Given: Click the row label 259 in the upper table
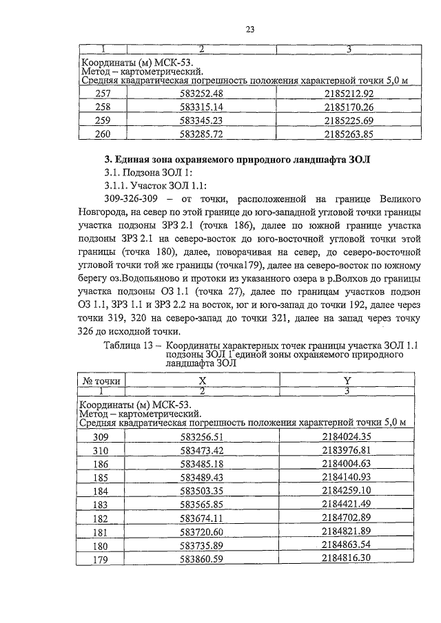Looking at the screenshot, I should (103, 120).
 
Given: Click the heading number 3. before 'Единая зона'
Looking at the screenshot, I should (99, 160).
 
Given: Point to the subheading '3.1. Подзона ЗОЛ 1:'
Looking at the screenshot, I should (143, 173).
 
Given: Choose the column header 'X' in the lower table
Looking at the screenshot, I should (202, 380).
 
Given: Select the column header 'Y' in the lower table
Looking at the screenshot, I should (348, 380).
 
